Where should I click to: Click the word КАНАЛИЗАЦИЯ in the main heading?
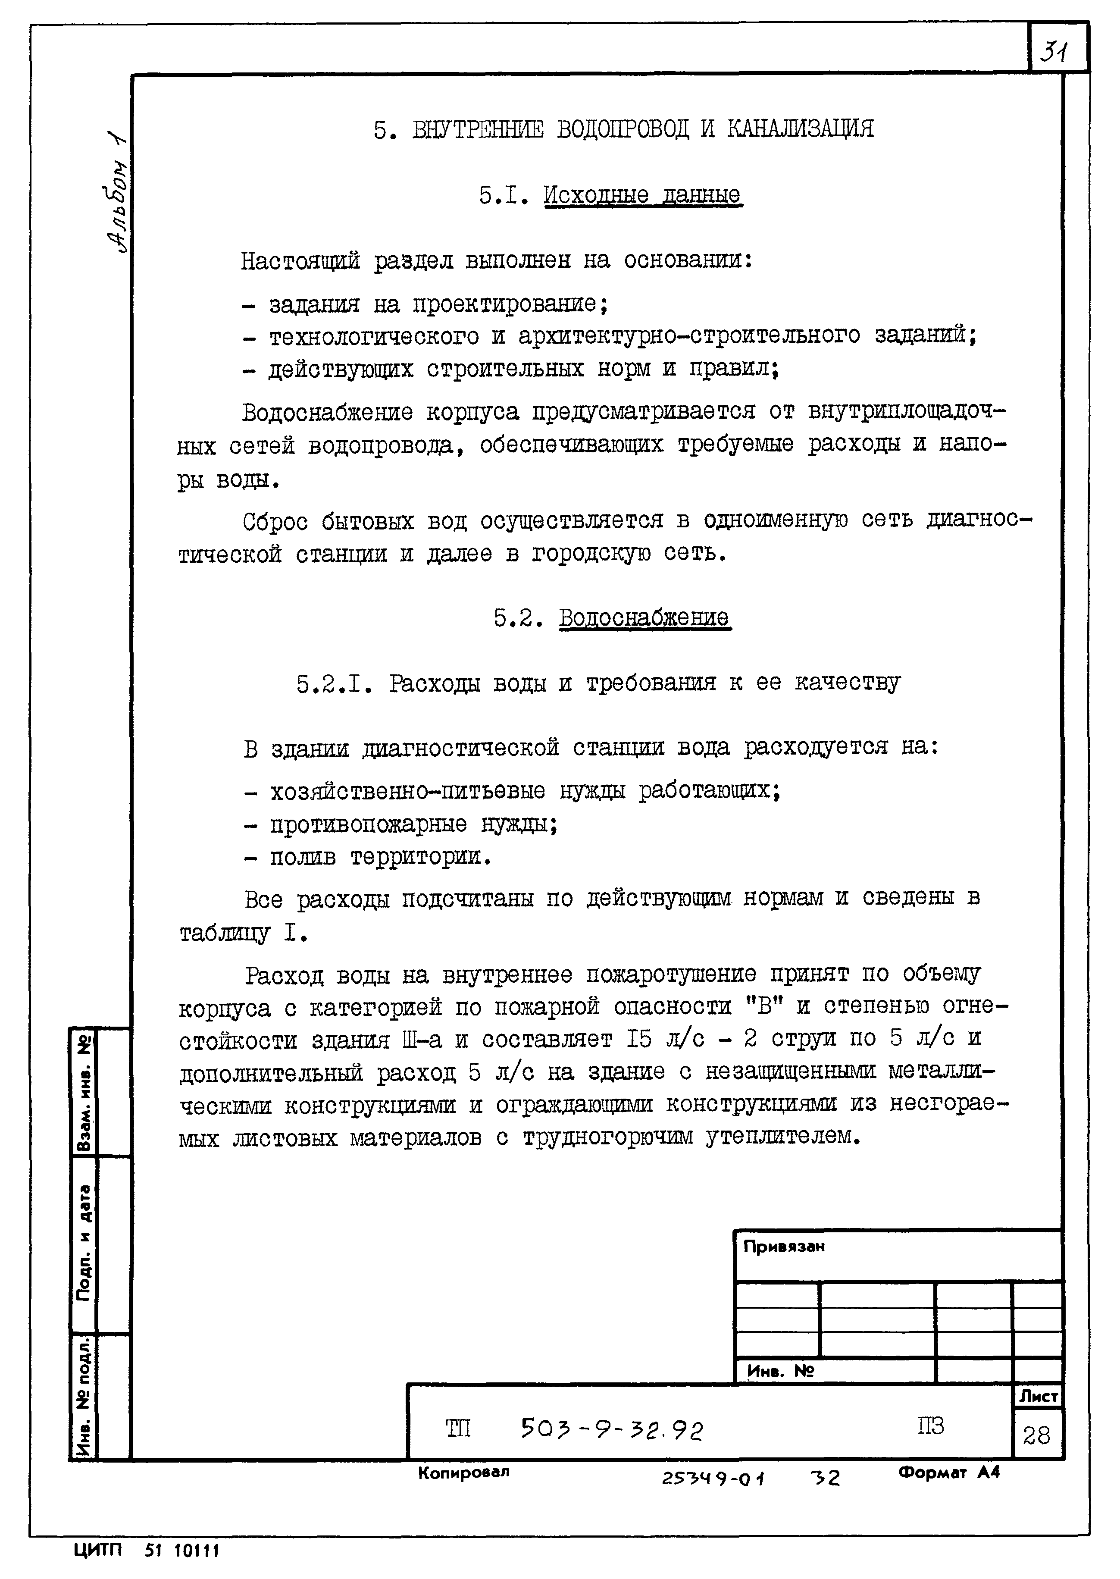(800, 129)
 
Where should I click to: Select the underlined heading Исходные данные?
(643, 196)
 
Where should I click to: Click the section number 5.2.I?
(335, 683)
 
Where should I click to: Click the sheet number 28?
(1036, 1435)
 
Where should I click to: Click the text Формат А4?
(948, 1473)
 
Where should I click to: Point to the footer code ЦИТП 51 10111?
(146, 1550)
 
